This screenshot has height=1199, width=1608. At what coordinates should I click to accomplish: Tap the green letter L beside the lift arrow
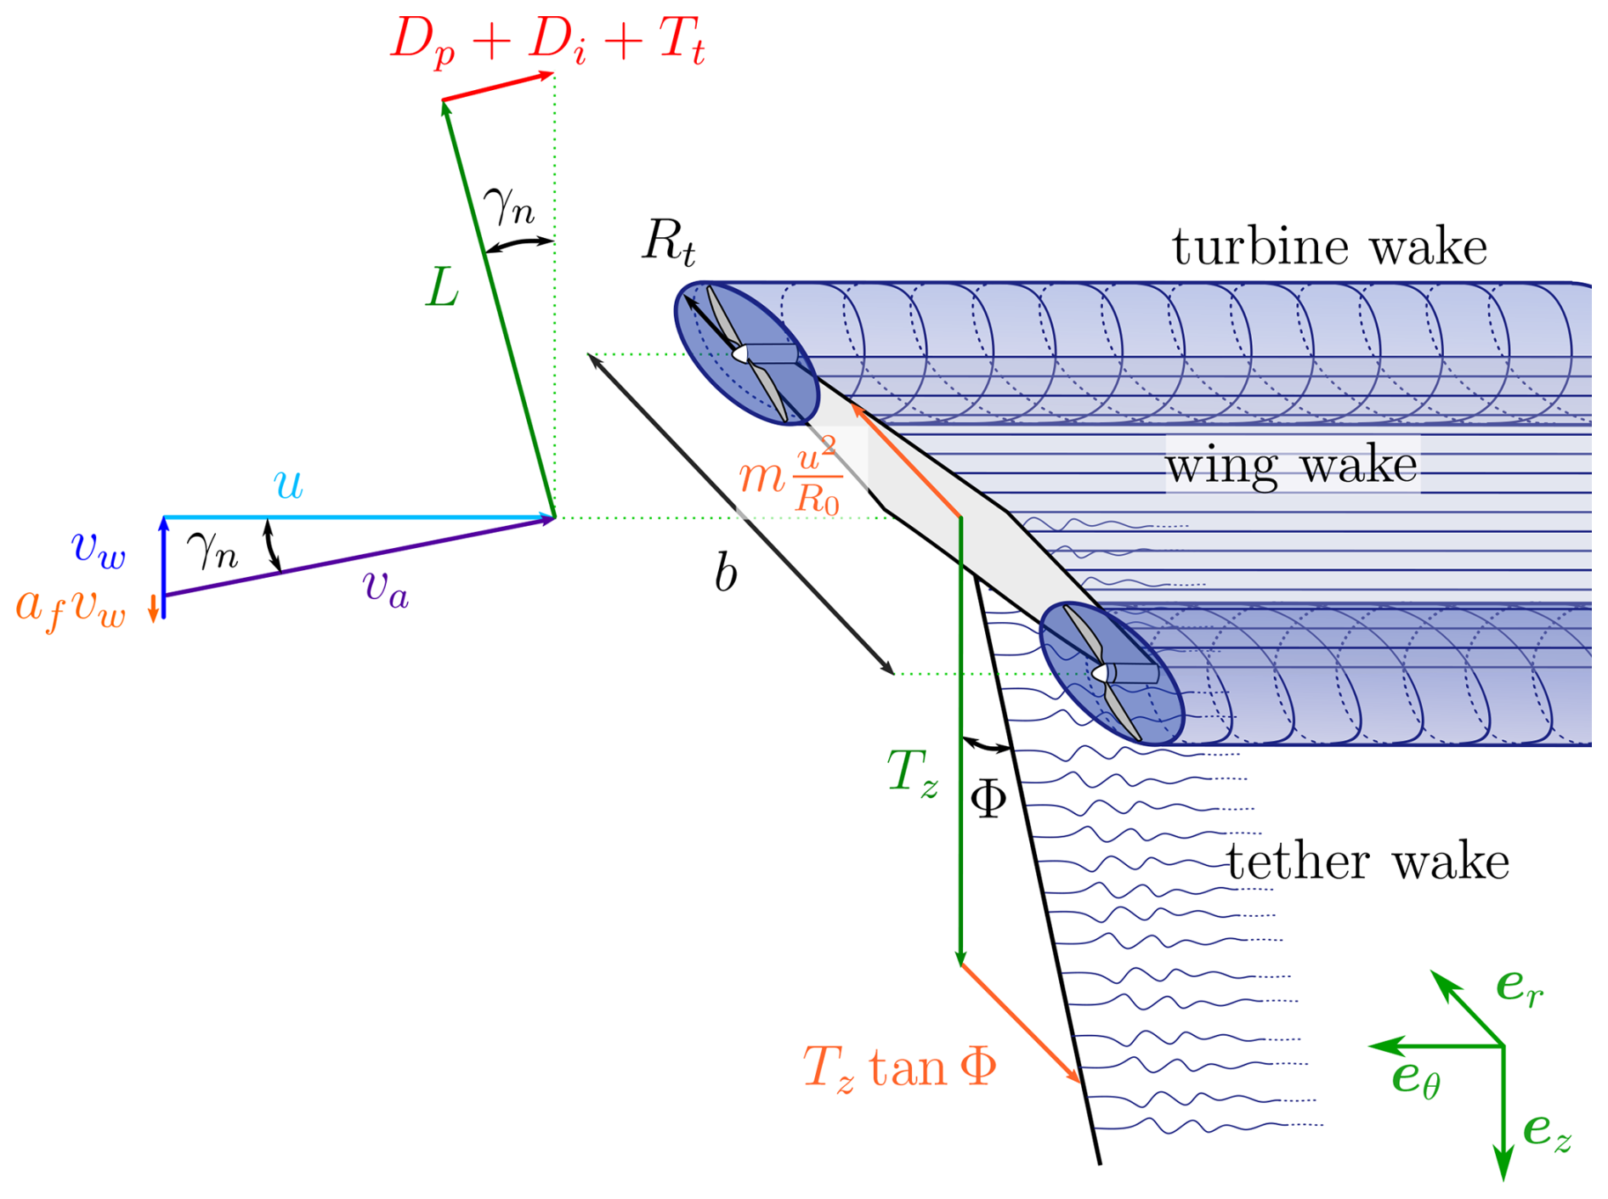click(x=442, y=288)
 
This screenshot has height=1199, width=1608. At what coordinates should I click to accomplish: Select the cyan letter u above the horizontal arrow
click(x=288, y=484)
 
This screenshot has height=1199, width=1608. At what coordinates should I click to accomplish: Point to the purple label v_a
click(x=385, y=587)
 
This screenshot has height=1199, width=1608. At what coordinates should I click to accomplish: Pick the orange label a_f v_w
click(x=71, y=608)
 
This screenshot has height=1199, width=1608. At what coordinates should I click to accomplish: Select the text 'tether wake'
click(x=1367, y=862)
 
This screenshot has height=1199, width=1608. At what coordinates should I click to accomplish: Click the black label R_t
click(x=669, y=241)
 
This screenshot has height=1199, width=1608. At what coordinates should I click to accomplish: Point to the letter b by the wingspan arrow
click(x=725, y=573)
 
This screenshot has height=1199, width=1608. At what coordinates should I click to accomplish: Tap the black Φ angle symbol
click(x=988, y=798)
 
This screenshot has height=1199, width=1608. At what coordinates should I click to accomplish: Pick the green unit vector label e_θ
click(x=1415, y=1079)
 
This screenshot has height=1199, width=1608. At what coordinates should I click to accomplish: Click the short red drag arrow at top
click(x=498, y=88)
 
